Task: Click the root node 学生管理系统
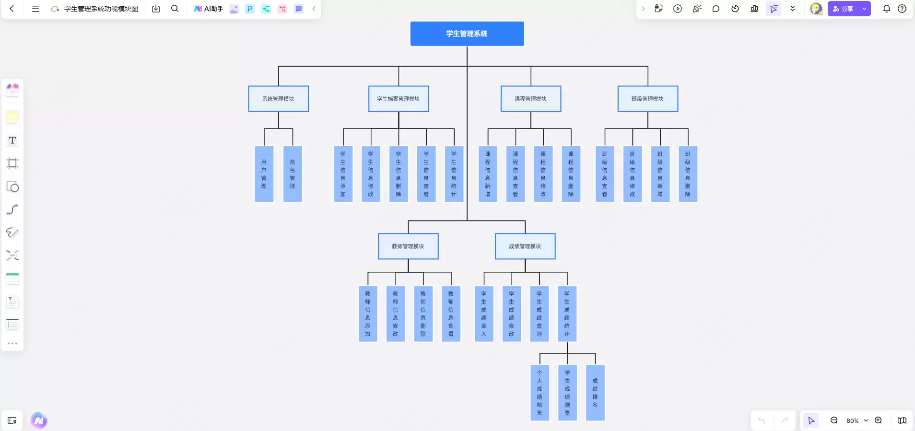point(467,34)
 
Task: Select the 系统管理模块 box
point(278,99)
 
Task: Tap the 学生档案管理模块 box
point(399,99)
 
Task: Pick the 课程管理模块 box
point(531,99)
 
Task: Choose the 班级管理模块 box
point(648,99)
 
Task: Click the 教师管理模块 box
point(408,246)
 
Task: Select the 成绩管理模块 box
point(525,246)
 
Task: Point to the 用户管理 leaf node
point(264,174)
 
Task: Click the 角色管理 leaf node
point(293,174)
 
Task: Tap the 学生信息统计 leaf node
point(454,174)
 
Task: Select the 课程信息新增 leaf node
point(488,174)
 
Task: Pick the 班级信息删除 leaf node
point(688,174)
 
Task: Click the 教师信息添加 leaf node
point(368,314)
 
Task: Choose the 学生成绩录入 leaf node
point(484,314)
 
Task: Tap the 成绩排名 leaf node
point(595,393)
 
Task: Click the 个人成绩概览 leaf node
point(540,393)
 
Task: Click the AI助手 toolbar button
point(209,9)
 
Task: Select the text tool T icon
point(12,140)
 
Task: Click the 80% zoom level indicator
point(853,420)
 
